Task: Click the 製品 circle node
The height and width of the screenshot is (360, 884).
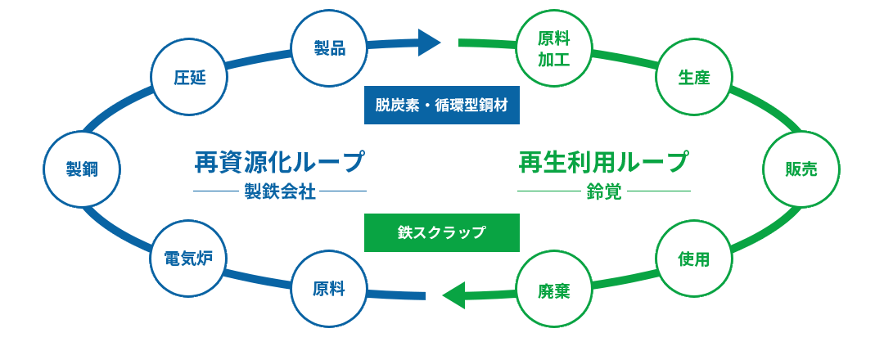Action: click(329, 48)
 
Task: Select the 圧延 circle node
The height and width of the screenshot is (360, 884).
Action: click(189, 78)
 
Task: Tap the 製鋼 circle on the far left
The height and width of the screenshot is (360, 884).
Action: click(82, 169)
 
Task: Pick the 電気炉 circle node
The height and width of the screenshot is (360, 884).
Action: click(189, 259)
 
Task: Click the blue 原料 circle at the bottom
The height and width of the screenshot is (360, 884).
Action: click(329, 289)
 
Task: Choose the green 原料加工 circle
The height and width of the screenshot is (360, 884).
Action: click(553, 48)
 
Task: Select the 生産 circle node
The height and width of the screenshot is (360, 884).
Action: click(693, 78)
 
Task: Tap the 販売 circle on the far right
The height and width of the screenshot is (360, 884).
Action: click(801, 169)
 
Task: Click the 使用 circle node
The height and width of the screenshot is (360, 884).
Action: click(693, 259)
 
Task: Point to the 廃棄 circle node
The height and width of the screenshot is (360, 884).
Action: click(553, 289)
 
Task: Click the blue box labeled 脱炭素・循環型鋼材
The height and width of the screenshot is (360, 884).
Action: click(442, 105)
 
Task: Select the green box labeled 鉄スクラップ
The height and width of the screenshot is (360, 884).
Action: click(442, 232)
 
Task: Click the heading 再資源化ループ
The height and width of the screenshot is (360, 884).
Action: click(279, 161)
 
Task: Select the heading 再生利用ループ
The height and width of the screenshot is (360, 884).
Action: click(603, 161)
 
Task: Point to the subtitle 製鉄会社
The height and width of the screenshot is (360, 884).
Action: click(279, 192)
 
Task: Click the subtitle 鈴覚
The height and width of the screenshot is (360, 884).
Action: click(604, 192)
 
